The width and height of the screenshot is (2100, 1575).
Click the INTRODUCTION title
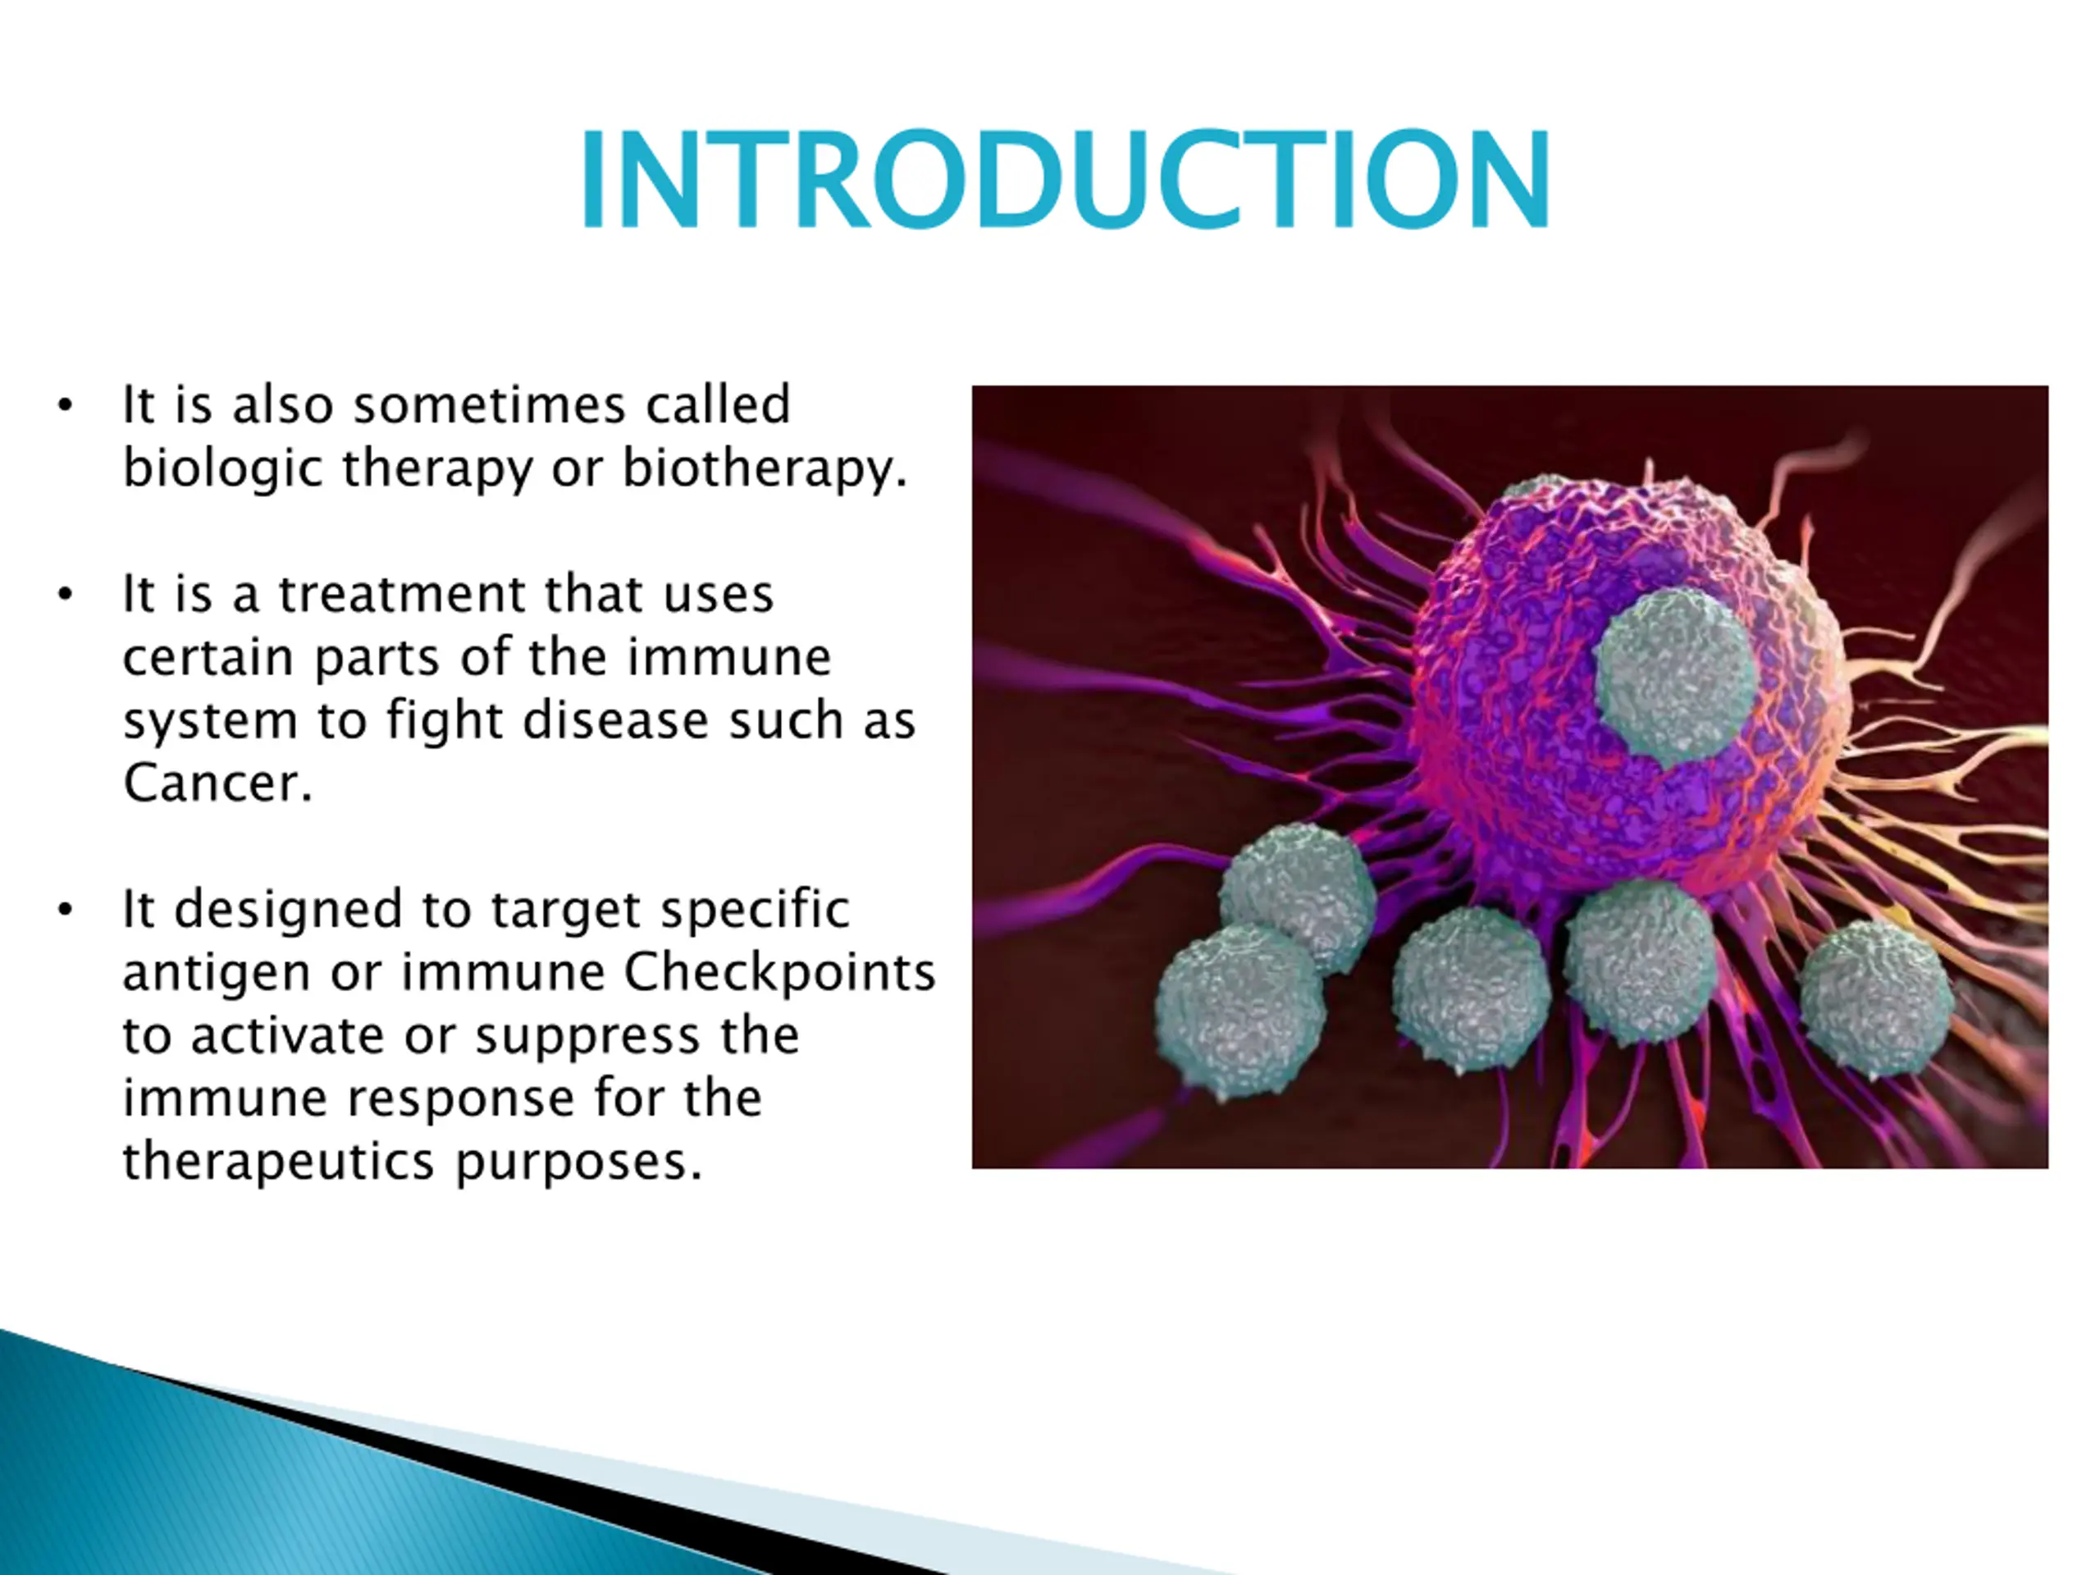pos(1066,180)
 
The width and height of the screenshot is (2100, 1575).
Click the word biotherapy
pos(765,469)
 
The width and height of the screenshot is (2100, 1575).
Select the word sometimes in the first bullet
pos(490,405)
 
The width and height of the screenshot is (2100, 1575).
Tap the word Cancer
pos(217,783)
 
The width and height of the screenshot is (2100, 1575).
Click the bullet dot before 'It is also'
pos(65,405)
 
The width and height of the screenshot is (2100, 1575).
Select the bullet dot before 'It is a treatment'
pos(65,596)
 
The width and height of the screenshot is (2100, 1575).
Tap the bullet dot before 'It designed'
pos(65,910)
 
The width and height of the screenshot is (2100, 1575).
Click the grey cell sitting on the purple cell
pos(1675,676)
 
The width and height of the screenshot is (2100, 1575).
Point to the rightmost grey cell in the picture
pos(1877,1000)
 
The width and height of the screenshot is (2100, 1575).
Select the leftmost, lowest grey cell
pos(1239,1012)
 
